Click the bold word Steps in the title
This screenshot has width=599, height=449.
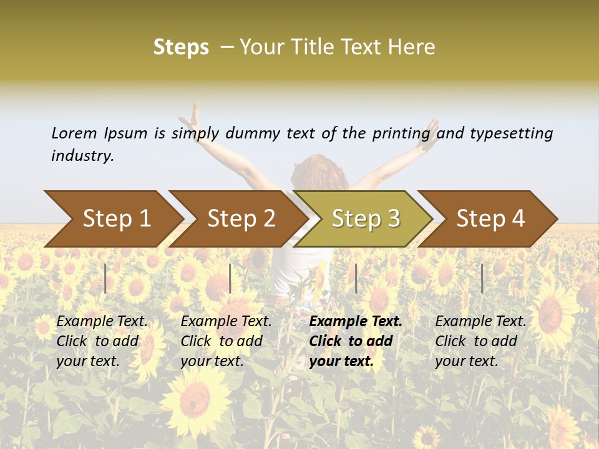[x=181, y=47]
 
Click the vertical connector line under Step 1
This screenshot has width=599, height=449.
[x=105, y=278]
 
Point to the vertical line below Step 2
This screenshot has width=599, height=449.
[x=230, y=278]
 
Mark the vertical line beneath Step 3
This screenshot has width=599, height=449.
[x=356, y=278]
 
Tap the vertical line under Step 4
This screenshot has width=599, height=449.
[x=482, y=278]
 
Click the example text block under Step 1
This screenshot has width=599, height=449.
[x=102, y=341]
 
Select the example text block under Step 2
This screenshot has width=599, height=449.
[x=226, y=341]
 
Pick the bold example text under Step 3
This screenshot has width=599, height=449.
[x=356, y=341]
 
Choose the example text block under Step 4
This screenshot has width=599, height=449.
[x=480, y=341]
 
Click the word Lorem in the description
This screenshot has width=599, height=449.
[x=74, y=133]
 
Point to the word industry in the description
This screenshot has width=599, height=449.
[x=82, y=156]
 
